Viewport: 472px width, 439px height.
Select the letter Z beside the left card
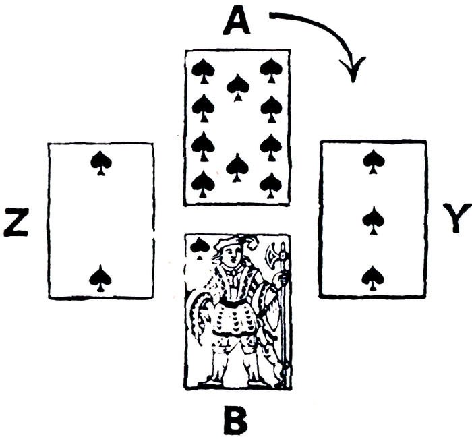pos(17,223)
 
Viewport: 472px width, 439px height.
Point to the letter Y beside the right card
pos(456,221)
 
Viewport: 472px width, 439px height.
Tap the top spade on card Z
pos(101,162)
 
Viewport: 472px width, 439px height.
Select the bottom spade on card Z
pos(100,277)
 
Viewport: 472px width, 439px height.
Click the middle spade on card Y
pos(373,218)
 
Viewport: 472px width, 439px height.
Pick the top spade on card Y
pos(373,160)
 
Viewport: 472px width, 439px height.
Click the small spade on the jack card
pos(198,247)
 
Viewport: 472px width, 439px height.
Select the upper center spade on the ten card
pos(237,86)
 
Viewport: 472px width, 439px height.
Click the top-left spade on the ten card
pos(202,69)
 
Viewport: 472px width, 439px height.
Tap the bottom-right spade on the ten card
pos(271,183)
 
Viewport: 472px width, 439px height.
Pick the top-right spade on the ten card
pos(271,69)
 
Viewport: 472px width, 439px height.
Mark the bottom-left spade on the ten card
pos(202,183)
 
